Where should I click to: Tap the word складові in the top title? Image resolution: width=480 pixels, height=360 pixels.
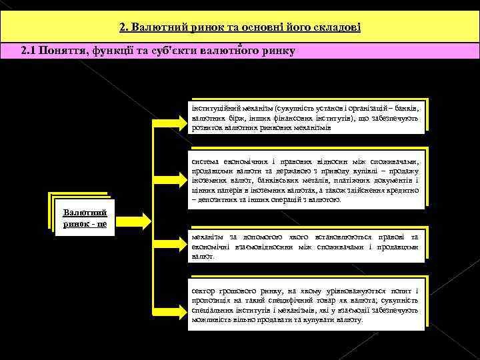337,27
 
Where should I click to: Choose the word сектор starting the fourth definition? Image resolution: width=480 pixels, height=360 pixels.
203,291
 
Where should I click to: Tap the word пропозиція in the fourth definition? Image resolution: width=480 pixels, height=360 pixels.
211,301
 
